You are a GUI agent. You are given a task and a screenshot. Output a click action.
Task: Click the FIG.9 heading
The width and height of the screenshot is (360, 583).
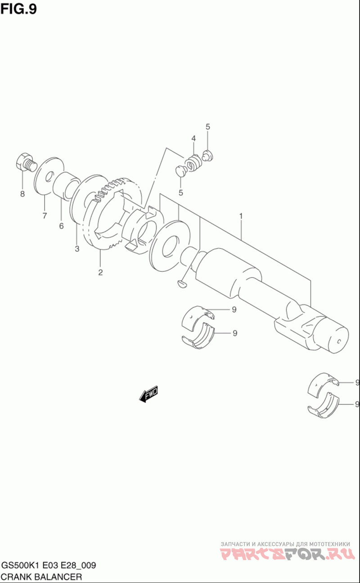[19, 9]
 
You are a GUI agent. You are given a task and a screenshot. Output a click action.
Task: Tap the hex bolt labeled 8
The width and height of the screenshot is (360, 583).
[26, 162]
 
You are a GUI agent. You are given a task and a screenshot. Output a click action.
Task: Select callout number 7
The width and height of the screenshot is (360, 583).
[45, 216]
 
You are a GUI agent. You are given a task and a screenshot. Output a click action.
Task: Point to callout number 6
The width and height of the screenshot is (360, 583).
[62, 226]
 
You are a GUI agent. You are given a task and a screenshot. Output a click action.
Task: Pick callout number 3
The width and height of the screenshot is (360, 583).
[77, 249]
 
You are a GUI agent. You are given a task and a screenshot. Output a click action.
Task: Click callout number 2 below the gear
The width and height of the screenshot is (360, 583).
[100, 272]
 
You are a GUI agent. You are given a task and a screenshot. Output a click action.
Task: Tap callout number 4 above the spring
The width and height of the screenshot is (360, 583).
[193, 138]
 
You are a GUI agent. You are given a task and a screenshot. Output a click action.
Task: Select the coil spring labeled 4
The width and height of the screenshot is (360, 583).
[193, 163]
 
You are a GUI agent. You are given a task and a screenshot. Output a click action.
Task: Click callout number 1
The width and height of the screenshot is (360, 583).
[241, 216]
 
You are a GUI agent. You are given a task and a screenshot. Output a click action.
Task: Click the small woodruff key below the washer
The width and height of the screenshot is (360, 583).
[181, 284]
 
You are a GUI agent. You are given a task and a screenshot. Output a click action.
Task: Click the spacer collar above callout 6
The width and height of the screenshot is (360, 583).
[67, 187]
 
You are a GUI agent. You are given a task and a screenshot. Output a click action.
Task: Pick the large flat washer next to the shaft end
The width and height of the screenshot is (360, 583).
[170, 246]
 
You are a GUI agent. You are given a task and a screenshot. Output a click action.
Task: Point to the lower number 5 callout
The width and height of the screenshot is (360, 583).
[180, 193]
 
